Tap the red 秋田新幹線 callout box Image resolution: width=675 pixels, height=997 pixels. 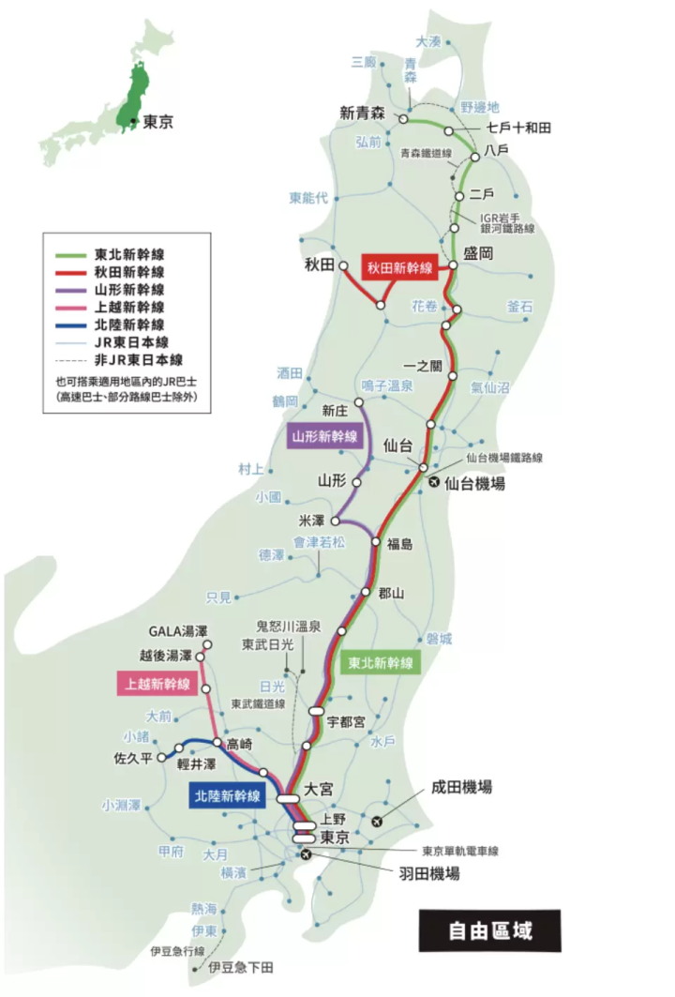[x=400, y=267]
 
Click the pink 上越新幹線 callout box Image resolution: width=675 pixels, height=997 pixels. [x=155, y=684]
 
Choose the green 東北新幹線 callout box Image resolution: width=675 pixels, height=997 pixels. [x=380, y=662]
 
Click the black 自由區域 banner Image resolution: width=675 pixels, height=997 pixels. [x=489, y=931]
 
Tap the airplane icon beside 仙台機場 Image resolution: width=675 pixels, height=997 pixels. [x=433, y=483]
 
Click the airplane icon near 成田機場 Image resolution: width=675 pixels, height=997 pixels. [x=378, y=822]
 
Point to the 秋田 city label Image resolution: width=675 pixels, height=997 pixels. [x=319, y=265]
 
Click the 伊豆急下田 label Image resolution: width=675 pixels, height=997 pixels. [x=243, y=966]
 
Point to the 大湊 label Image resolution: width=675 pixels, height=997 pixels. [x=427, y=41]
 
